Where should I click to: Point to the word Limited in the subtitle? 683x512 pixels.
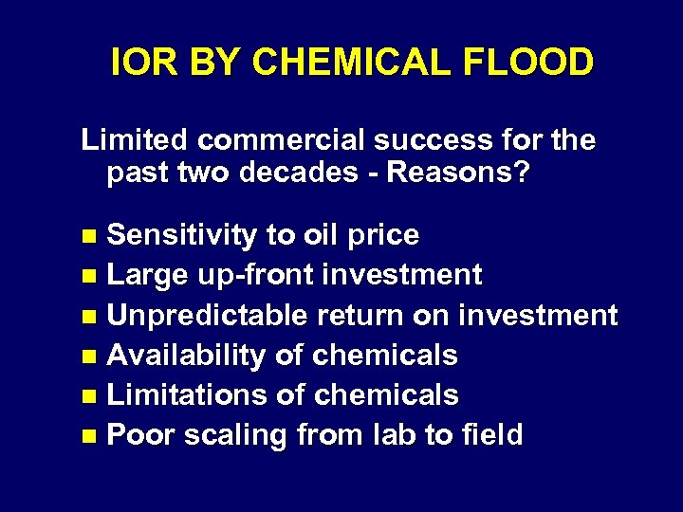click(135, 140)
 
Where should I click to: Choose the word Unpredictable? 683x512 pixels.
click(207, 315)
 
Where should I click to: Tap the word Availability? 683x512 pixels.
click(187, 356)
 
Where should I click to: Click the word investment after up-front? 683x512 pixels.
click(401, 275)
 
